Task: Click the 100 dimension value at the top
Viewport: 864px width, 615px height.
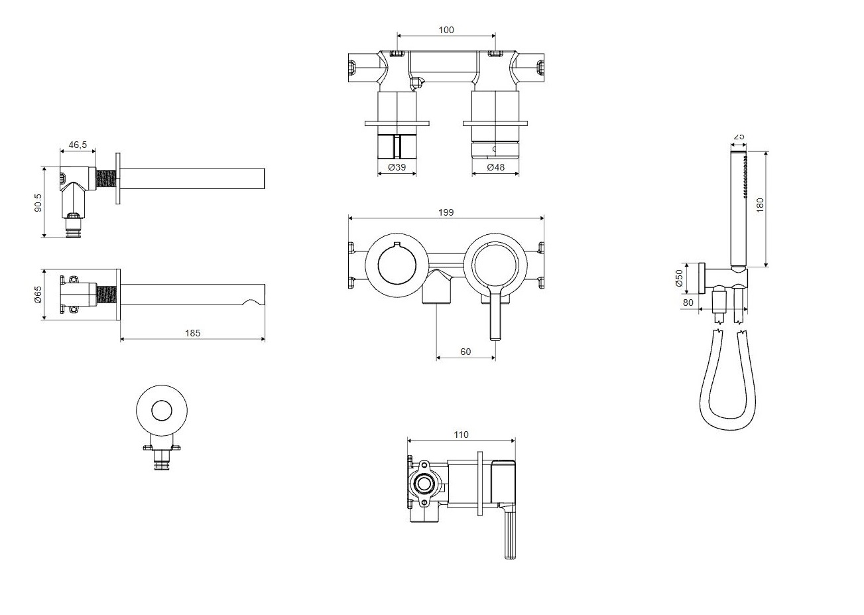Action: tap(446, 30)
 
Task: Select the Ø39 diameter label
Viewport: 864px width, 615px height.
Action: tap(397, 167)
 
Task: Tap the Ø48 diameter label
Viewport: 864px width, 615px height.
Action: tap(495, 167)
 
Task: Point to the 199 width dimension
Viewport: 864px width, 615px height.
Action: tap(446, 212)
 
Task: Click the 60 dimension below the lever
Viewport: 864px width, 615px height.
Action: tap(465, 352)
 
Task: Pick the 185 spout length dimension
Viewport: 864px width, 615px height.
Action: tap(192, 333)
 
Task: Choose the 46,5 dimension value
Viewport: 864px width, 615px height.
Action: tap(78, 145)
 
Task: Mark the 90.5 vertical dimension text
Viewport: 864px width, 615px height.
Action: tap(38, 202)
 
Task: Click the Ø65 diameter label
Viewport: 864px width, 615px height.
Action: tap(38, 295)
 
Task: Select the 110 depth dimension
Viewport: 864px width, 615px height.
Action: tap(461, 435)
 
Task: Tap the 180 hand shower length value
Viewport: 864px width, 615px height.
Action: tap(760, 205)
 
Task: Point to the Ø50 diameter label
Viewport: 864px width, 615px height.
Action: tap(679, 278)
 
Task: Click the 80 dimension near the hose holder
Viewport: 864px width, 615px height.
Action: tap(688, 303)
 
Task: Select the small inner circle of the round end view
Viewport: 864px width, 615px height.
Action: tap(162, 411)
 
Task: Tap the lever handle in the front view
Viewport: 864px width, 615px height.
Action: tap(495, 312)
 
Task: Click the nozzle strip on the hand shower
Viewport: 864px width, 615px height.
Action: tap(745, 176)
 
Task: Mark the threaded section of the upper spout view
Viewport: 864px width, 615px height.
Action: tap(105, 178)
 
